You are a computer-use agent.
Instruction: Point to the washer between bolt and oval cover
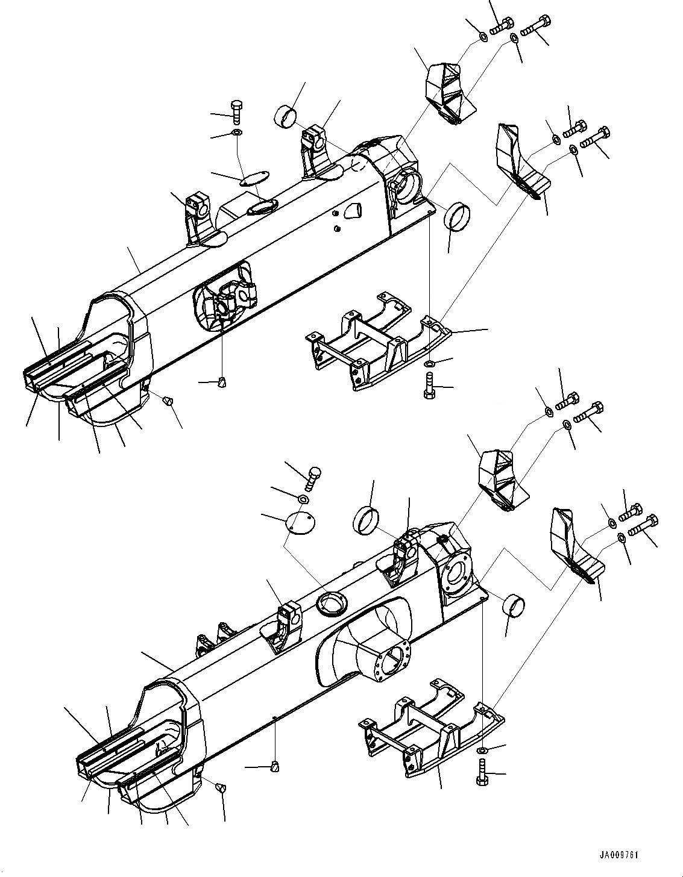(237, 132)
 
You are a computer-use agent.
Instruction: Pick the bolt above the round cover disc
(313, 478)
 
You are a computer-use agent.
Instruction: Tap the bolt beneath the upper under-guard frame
(429, 385)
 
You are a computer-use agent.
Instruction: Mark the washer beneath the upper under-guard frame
(429, 364)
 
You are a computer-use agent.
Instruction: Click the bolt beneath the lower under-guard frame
(482, 772)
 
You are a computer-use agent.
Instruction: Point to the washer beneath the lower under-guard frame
(482, 751)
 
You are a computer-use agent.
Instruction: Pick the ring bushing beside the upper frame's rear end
(457, 216)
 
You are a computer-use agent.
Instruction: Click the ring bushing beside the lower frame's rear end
(512, 604)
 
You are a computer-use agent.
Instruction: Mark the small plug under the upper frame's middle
(222, 381)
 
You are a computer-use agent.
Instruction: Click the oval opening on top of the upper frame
(261, 208)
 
